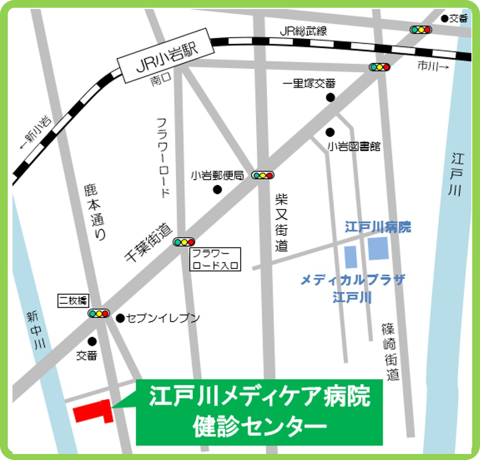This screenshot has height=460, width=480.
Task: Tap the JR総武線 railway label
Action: pyautogui.click(x=303, y=31)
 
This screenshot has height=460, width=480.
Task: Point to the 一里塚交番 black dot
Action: pyautogui.click(x=330, y=98)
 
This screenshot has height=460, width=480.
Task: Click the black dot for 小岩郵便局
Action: pyautogui.click(x=218, y=189)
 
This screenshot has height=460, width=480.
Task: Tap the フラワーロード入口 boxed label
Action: pyautogui.click(x=216, y=259)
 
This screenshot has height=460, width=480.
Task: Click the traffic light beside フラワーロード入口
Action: pyautogui.click(x=184, y=242)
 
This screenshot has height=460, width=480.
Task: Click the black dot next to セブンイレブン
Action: pyautogui.click(x=120, y=318)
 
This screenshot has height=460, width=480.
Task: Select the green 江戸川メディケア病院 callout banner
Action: pyautogui.click(x=259, y=412)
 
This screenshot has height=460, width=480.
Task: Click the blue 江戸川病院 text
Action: pyautogui.click(x=378, y=227)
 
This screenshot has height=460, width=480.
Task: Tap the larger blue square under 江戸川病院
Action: pyautogui.click(x=378, y=248)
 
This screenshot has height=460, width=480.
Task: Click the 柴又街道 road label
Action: pyautogui.click(x=281, y=222)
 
